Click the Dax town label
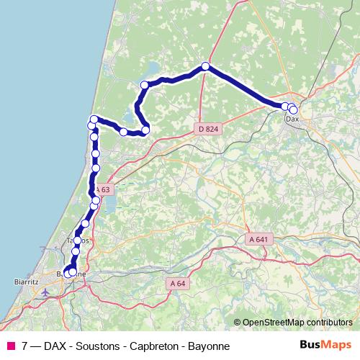[292, 119]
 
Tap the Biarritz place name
[26, 282]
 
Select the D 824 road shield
[207, 129]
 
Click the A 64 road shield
[178, 283]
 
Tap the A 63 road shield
[103, 189]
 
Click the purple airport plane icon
[46, 292]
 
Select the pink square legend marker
[11, 346]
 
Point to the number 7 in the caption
[25, 346]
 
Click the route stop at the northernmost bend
[205, 66]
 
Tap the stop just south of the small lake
[145, 130]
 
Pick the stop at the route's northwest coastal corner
[94, 120]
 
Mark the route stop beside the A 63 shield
[96, 199]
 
